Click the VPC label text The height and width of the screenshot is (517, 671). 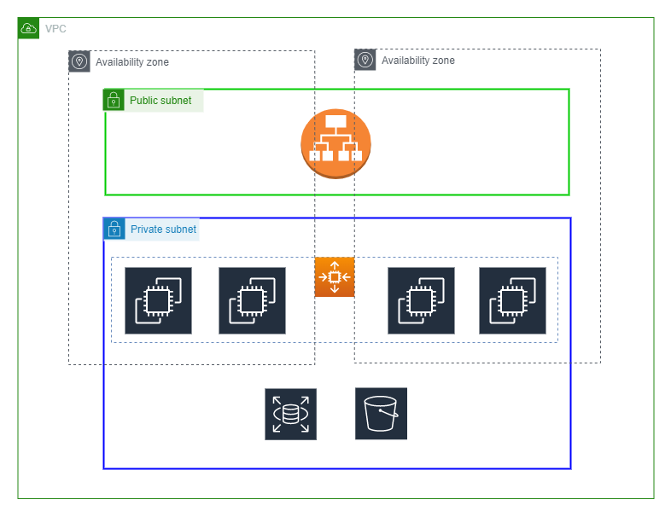pyautogui.click(x=55, y=29)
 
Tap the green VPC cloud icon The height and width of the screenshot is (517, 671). pyautogui.click(x=28, y=28)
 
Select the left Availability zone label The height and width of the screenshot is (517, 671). pyautogui.click(x=131, y=62)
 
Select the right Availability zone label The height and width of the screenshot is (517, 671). pyautogui.click(x=417, y=61)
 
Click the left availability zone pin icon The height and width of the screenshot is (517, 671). pyautogui.click(x=79, y=61)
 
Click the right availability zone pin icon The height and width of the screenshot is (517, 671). pyautogui.click(x=365, y=60)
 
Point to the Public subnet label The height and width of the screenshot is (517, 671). pyautogui.click(x=160, y=101)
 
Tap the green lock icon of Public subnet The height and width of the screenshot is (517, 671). pyautogui.click(x=114, y=101)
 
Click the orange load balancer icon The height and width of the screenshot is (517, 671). pyautogui.click(x=335, y=143)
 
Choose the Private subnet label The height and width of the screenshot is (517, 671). pyautogui.click(x=163, y=229)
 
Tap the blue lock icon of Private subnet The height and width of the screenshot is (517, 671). pyautogui.click(x=114, y=229)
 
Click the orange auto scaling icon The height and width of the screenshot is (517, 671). pyautogui.click(x=335, y=277)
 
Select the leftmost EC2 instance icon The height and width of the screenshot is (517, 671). pyautogui.click(x=158, y=300)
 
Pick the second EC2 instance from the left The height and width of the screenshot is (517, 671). pyautogui.click(x=252, y=300)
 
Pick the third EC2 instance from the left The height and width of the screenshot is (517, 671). pyautogui.click(x=421, y=300)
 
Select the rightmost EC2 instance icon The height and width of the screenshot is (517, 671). pyautogui.click(x=512, y=300)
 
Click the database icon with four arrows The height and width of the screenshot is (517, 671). pyautogui.click(x=290, y=415)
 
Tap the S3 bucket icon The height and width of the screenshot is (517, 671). pyautogui.click(x=381, y=414)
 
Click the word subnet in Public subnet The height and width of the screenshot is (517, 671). pyautogui.click(x=177, y=101)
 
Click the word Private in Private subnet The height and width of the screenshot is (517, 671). pyautogui.click(x=146, y=229)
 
